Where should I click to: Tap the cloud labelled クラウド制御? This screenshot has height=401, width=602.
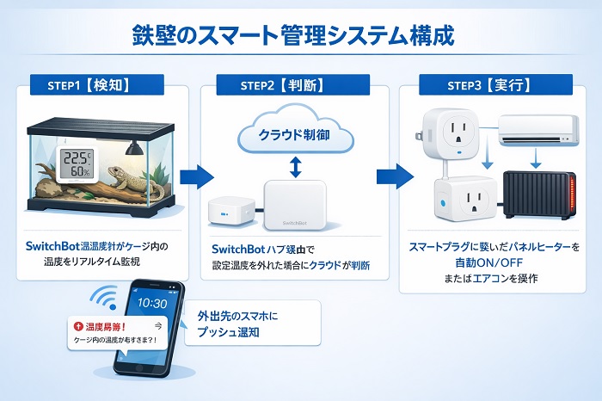pyautogui.click(x=293, y=133)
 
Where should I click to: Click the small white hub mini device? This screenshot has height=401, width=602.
pyautogui.click(x=231, y=209)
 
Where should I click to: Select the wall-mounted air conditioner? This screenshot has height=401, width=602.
pyautogui.click(x=535, y=132)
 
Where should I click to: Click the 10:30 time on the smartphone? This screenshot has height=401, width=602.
pyautogui.click(x=152, y=303)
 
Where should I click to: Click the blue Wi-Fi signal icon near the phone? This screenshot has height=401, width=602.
pyautogui.click(x=107, y=298)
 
